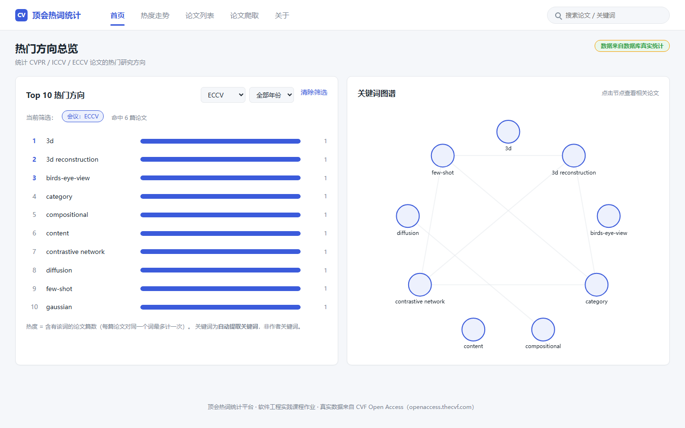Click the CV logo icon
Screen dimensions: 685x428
click(x=21, y=15)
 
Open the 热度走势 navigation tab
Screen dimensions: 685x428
click(x=155, y=16)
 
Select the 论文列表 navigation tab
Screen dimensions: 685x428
click(x=200, y=16)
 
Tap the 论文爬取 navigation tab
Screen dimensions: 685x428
click(x=245, y=16)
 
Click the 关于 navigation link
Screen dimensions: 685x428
click(x=282, y=16)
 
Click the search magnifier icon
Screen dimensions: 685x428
click(x=558, y=16)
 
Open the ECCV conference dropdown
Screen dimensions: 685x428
click(x=223, y=95)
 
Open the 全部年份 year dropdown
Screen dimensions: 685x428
click(x=272, y=95)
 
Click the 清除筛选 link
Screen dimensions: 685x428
click(x=314, y=92)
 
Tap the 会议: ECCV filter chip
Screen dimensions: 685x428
click(x=83, y=117)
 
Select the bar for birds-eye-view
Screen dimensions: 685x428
click(x=221, y=178)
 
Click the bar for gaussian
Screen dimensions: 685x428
click(x=221, y=307)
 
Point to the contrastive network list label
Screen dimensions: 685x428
click(x=75, y=252)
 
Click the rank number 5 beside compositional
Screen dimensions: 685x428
click(x=34, y=214)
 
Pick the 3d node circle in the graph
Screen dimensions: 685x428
click(x=508, y=132)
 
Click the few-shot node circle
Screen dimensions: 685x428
click(x=442, y=156)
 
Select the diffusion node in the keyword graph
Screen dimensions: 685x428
click(x=408, y=216)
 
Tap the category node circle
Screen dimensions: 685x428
click(x=597, y=284)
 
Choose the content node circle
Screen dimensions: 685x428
click(x=473, y=330)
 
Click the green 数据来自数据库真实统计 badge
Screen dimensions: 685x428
click(x=632, y=46)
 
